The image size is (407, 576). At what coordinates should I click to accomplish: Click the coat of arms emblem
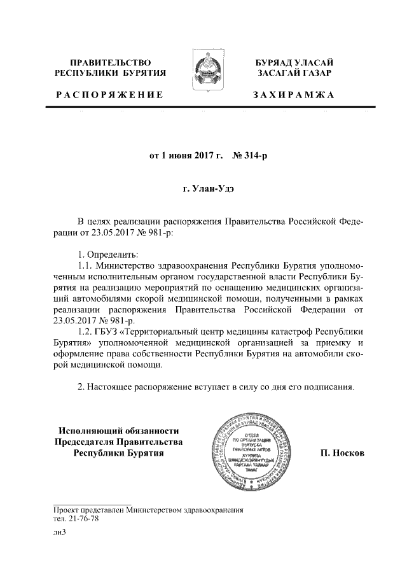click(203, 74)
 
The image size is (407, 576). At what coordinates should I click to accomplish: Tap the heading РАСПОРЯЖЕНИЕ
click(109, 95)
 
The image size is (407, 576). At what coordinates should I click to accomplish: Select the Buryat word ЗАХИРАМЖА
click(293, 95)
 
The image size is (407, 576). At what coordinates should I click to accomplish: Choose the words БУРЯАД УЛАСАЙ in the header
click(293, 62)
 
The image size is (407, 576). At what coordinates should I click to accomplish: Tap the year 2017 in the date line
click(202, 155)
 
